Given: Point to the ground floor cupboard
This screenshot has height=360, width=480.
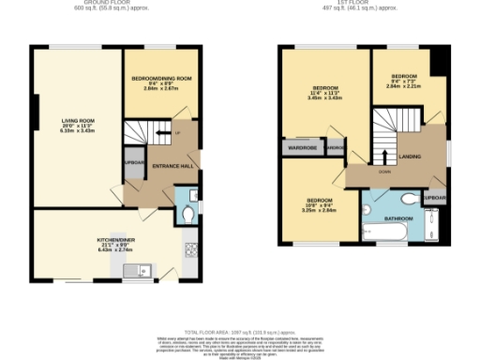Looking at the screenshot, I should pyautogui.click(x=132, y=162).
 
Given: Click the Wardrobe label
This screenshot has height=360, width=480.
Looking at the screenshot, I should pyautogui.click(x=300, y=146).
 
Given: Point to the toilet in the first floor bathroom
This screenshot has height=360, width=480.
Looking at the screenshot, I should pyautogui.click(x=409, y=199).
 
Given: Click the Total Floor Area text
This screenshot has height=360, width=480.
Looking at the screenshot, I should pyautogui.click(x=239, y=333).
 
